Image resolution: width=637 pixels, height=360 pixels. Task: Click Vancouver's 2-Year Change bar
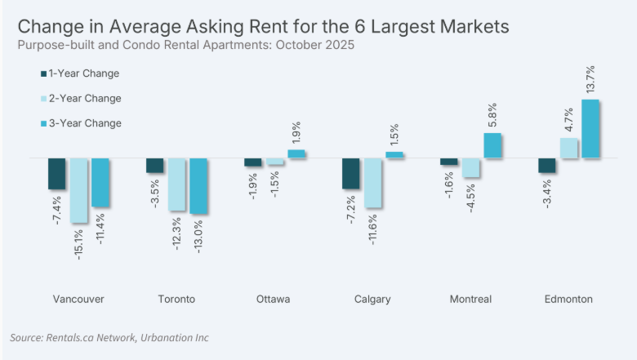pos(78,189)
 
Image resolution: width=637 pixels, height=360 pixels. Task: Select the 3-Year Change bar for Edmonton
pos(590,129)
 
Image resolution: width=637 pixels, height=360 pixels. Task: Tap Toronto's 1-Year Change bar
pos(154,165)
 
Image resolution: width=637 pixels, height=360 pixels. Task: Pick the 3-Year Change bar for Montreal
pos(492,145)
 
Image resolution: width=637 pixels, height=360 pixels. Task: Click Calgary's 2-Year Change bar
pos(372,183)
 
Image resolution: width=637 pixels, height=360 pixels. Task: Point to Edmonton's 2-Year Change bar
pos(568,148)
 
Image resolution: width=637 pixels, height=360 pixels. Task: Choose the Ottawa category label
pos(273,300)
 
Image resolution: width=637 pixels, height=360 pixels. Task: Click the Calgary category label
pos(372,300)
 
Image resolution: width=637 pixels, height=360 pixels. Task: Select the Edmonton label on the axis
pos(569,300)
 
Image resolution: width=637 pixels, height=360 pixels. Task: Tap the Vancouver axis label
pos(78,300)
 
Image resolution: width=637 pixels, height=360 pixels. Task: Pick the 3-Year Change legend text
pos(85,123)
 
